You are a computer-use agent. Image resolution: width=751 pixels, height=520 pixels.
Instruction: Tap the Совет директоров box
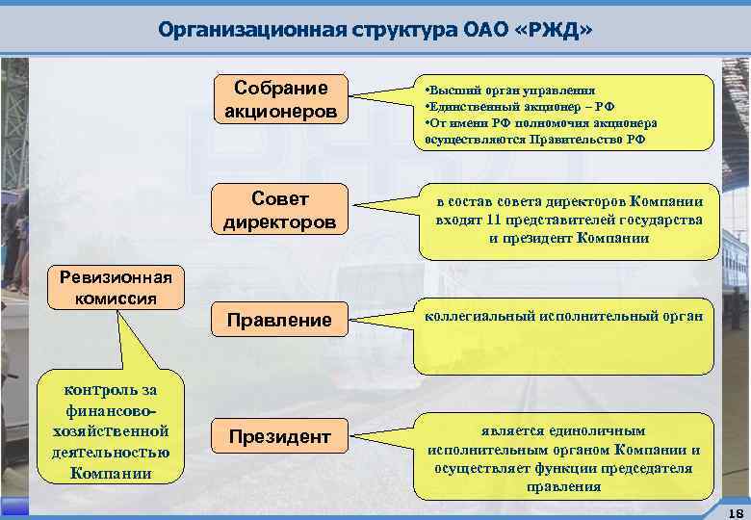[280, 210]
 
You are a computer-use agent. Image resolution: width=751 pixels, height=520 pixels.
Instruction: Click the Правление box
[278, 320]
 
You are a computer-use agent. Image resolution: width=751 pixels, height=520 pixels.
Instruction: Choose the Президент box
[279, 437]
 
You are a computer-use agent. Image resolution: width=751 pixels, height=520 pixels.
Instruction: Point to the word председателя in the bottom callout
[646, 468]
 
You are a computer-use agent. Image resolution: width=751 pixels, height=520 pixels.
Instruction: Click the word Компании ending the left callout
[111, 473]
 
